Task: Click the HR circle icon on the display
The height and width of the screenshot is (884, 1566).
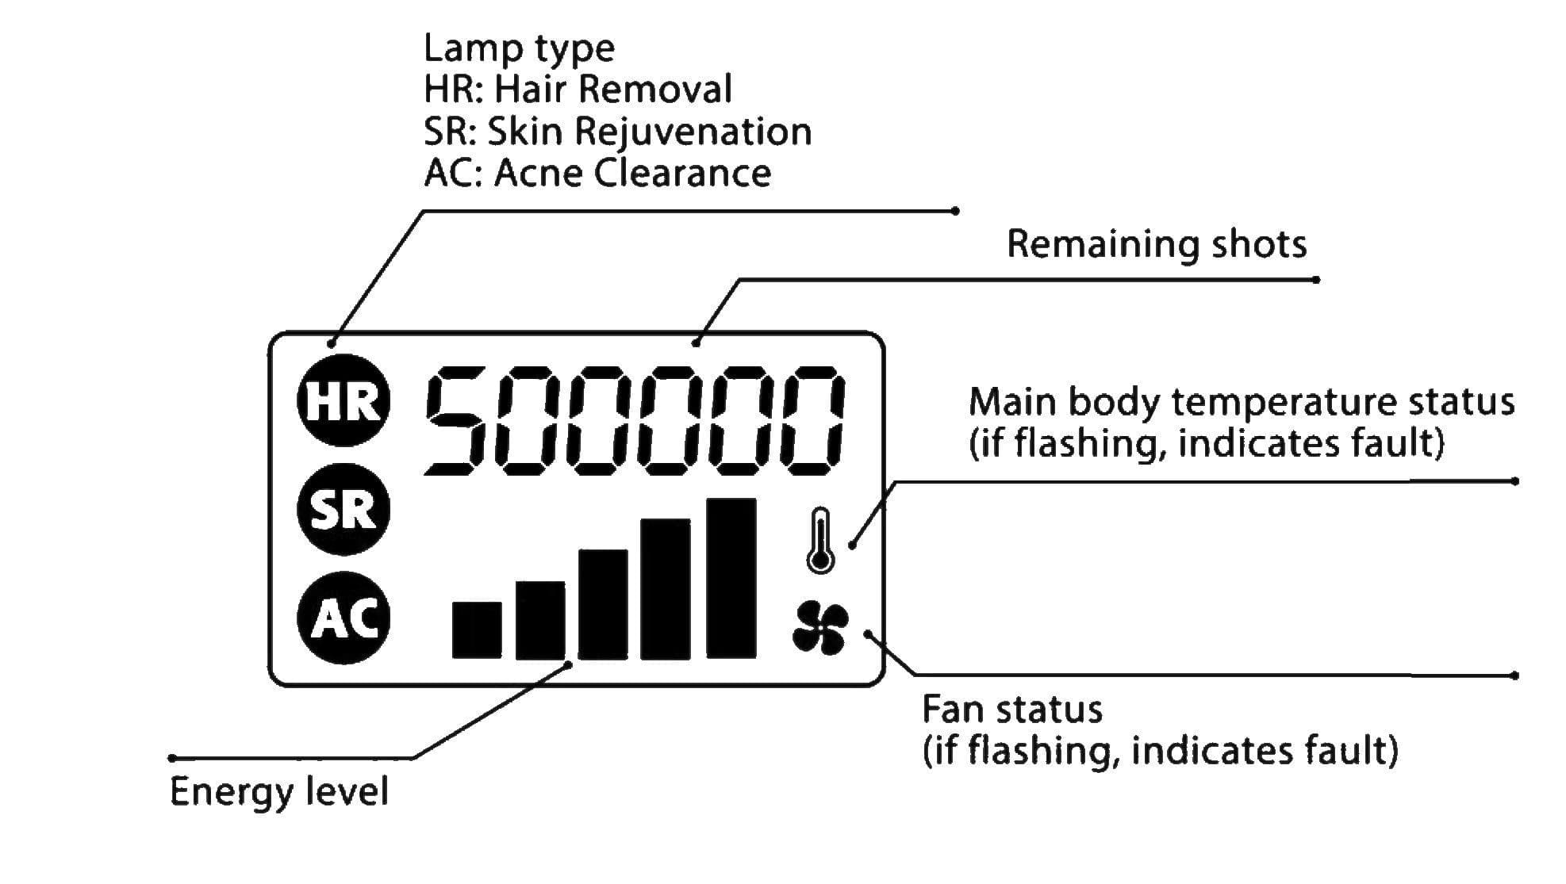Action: click(344, 400)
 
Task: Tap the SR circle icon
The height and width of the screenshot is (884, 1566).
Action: click(344, 509)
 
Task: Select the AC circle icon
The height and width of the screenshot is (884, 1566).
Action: click(344, 618)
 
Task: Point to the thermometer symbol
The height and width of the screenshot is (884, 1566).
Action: click(820, 541)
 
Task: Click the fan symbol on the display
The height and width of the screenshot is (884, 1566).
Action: click(820, 628)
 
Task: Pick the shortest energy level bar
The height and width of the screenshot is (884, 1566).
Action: click(477, 630)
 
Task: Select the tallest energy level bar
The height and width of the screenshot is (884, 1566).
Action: click(731, 579)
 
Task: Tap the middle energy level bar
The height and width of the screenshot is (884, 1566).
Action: click(603, 604)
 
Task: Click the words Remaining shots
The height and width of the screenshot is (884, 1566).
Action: click(1157, 244)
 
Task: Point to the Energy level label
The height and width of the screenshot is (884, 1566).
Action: click(279, 791)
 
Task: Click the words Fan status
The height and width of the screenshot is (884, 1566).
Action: click(1012, 709)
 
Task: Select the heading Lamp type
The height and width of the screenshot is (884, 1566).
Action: click(519, 49)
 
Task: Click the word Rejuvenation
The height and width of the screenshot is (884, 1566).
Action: click(693, 132)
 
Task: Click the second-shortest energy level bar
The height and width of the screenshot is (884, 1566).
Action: click(540, 620)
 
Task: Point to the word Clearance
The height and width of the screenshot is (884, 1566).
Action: click(682, 173)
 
